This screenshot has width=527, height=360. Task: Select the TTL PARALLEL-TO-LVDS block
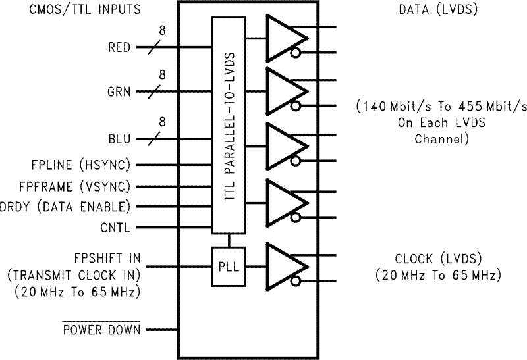click(x=227, y=125)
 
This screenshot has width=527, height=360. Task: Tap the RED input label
click(x=119, y=47)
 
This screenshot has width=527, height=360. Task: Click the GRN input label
click(x=119, y=93)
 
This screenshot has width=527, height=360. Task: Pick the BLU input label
click(x=119, y=139)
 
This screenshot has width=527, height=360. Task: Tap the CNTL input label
click(x=115, y=228)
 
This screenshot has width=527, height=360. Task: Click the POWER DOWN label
click(x=101, y=330)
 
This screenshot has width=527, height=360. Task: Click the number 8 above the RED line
click(x=162, y=30)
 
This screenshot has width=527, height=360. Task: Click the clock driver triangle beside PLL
click(x=283, y=266)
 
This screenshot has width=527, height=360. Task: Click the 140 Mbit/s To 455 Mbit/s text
click(x=441, y=105)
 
